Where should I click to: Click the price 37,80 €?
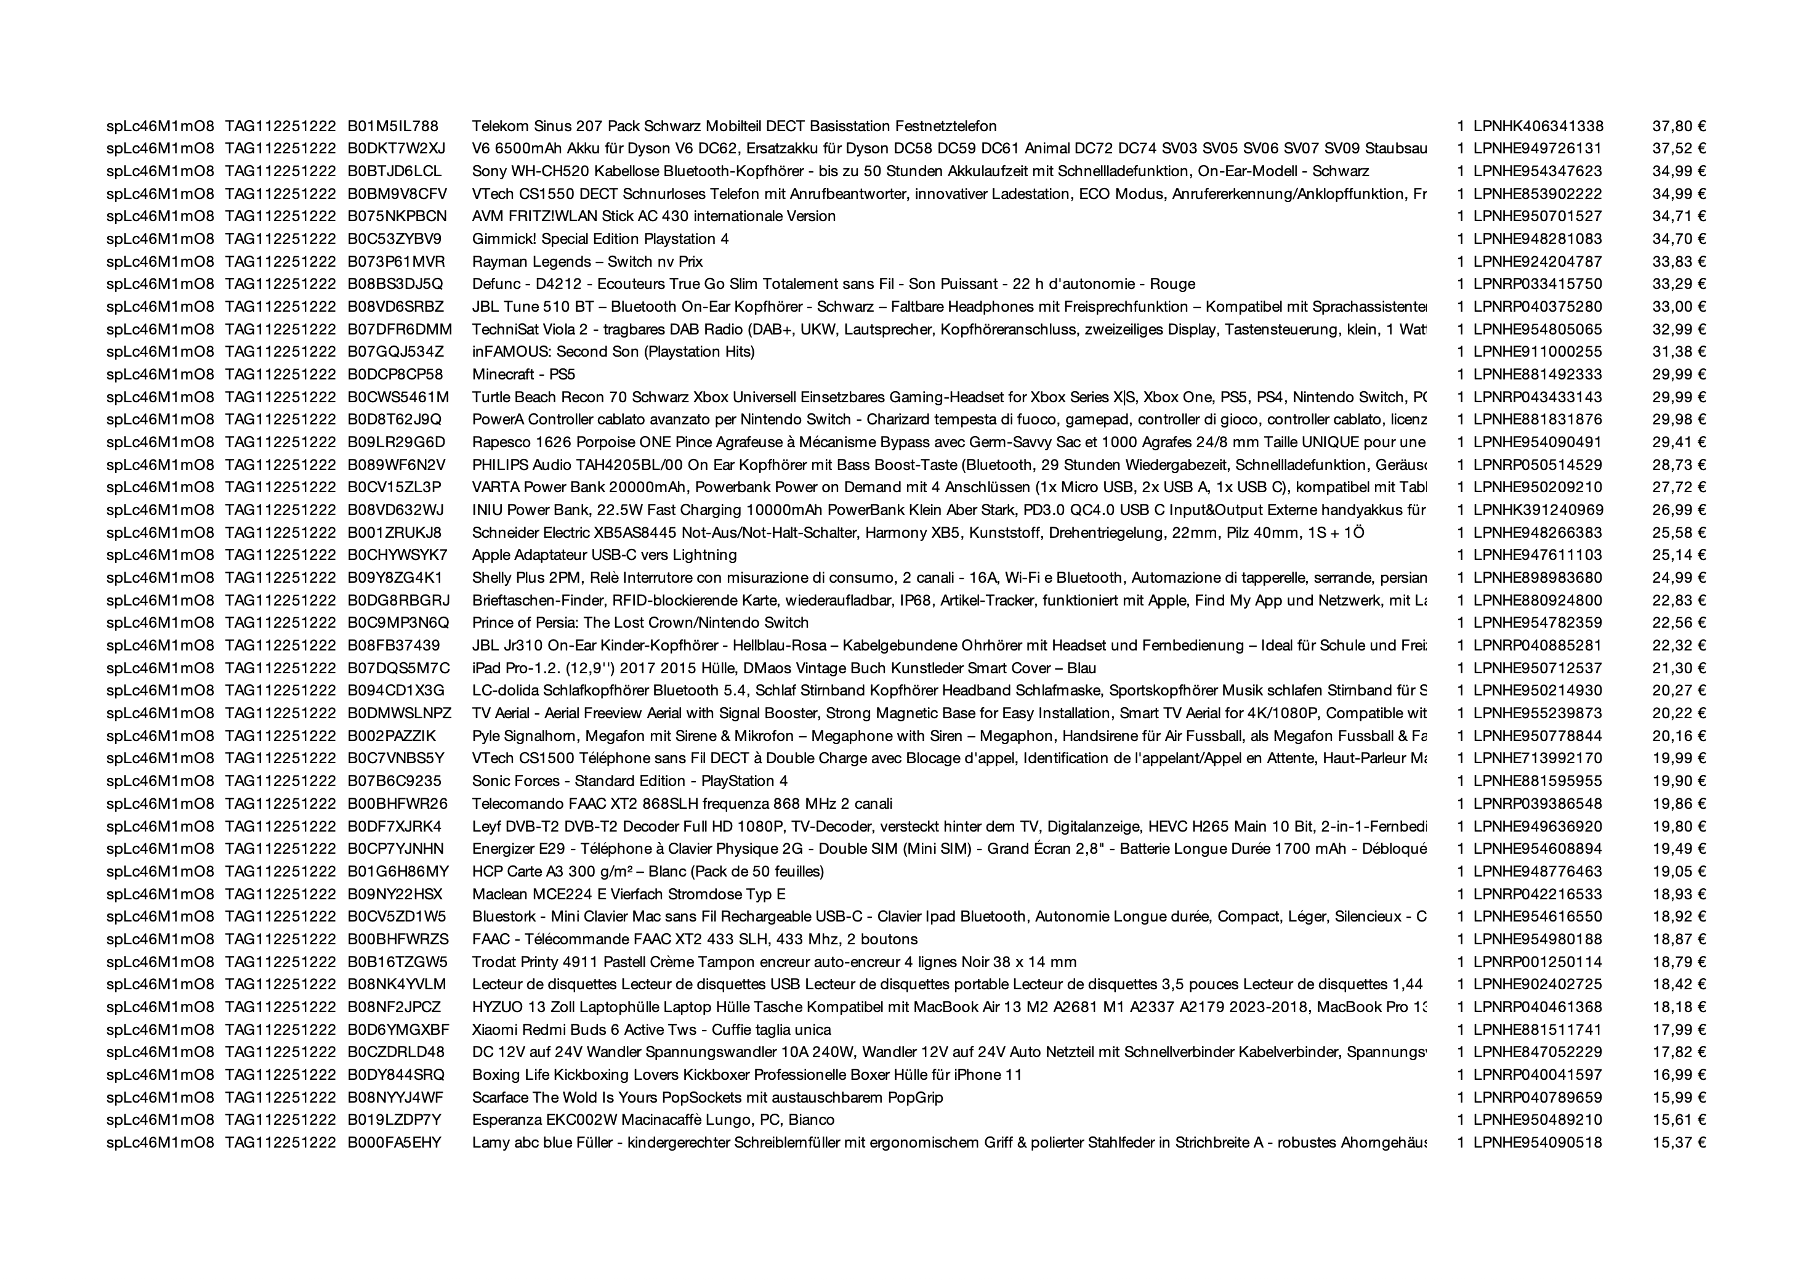coord(1678,126)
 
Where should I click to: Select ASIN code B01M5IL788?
coord(393,126)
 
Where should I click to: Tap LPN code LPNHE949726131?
coord(1537,149)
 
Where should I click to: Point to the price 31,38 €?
coord(1678,352)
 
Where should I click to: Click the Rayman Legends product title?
coord(587,262)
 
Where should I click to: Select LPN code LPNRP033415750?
coord(1537,285)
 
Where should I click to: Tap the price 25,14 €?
coord(1678,556)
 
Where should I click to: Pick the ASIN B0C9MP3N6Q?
coord(398,623)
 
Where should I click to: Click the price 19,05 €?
coord(1678,872)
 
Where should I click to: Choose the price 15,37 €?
coord(1678,1143)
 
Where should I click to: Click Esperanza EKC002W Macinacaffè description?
coord(653,1120)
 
